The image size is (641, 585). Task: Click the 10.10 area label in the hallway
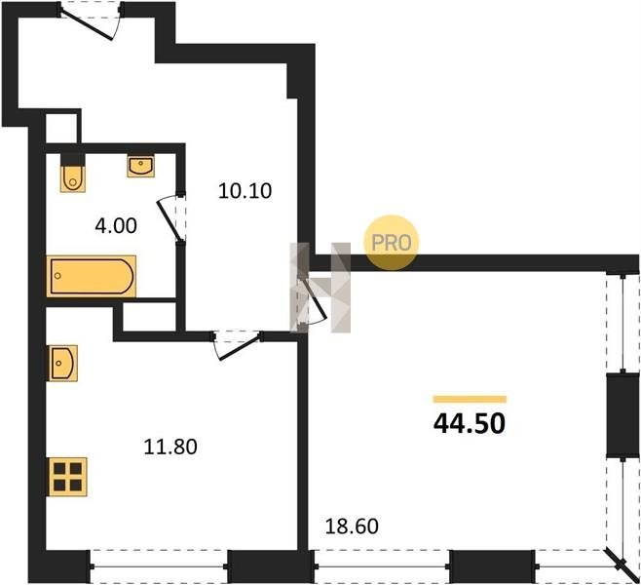coord(245,191)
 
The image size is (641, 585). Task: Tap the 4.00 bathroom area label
coord(116,226)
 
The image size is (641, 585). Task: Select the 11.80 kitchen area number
coord(170,447)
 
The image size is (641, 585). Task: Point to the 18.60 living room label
coord(352,526)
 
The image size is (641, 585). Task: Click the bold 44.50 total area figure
coord(470,423)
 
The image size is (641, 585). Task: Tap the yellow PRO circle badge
coord(392,243)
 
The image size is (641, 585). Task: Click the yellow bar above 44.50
coord(470,400)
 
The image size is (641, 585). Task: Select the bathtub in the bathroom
coord(92,276)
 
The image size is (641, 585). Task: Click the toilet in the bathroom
coord(73,178)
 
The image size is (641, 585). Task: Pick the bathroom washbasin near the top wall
coord(140,166)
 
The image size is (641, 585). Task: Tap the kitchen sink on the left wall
coord(63,363)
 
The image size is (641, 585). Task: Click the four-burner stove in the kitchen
coord(68,477)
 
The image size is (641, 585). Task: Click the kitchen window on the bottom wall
coord(159,566)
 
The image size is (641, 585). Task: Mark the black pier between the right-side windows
coord(622,415)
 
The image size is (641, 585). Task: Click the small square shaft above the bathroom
coord(61,129)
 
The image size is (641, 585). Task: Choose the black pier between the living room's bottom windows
coord(492,566)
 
